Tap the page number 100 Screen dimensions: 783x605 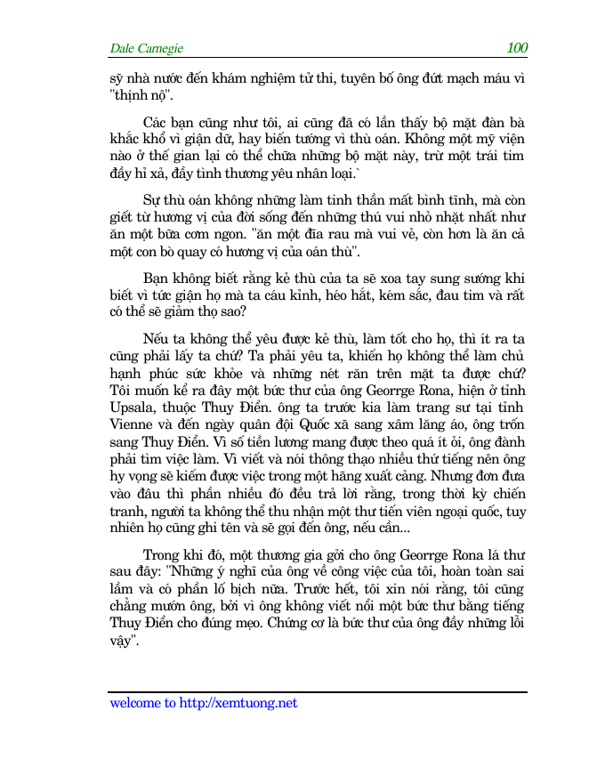(517, 48)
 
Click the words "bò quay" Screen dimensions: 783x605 (175, 251)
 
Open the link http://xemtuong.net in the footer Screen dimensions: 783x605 (238, 703)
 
